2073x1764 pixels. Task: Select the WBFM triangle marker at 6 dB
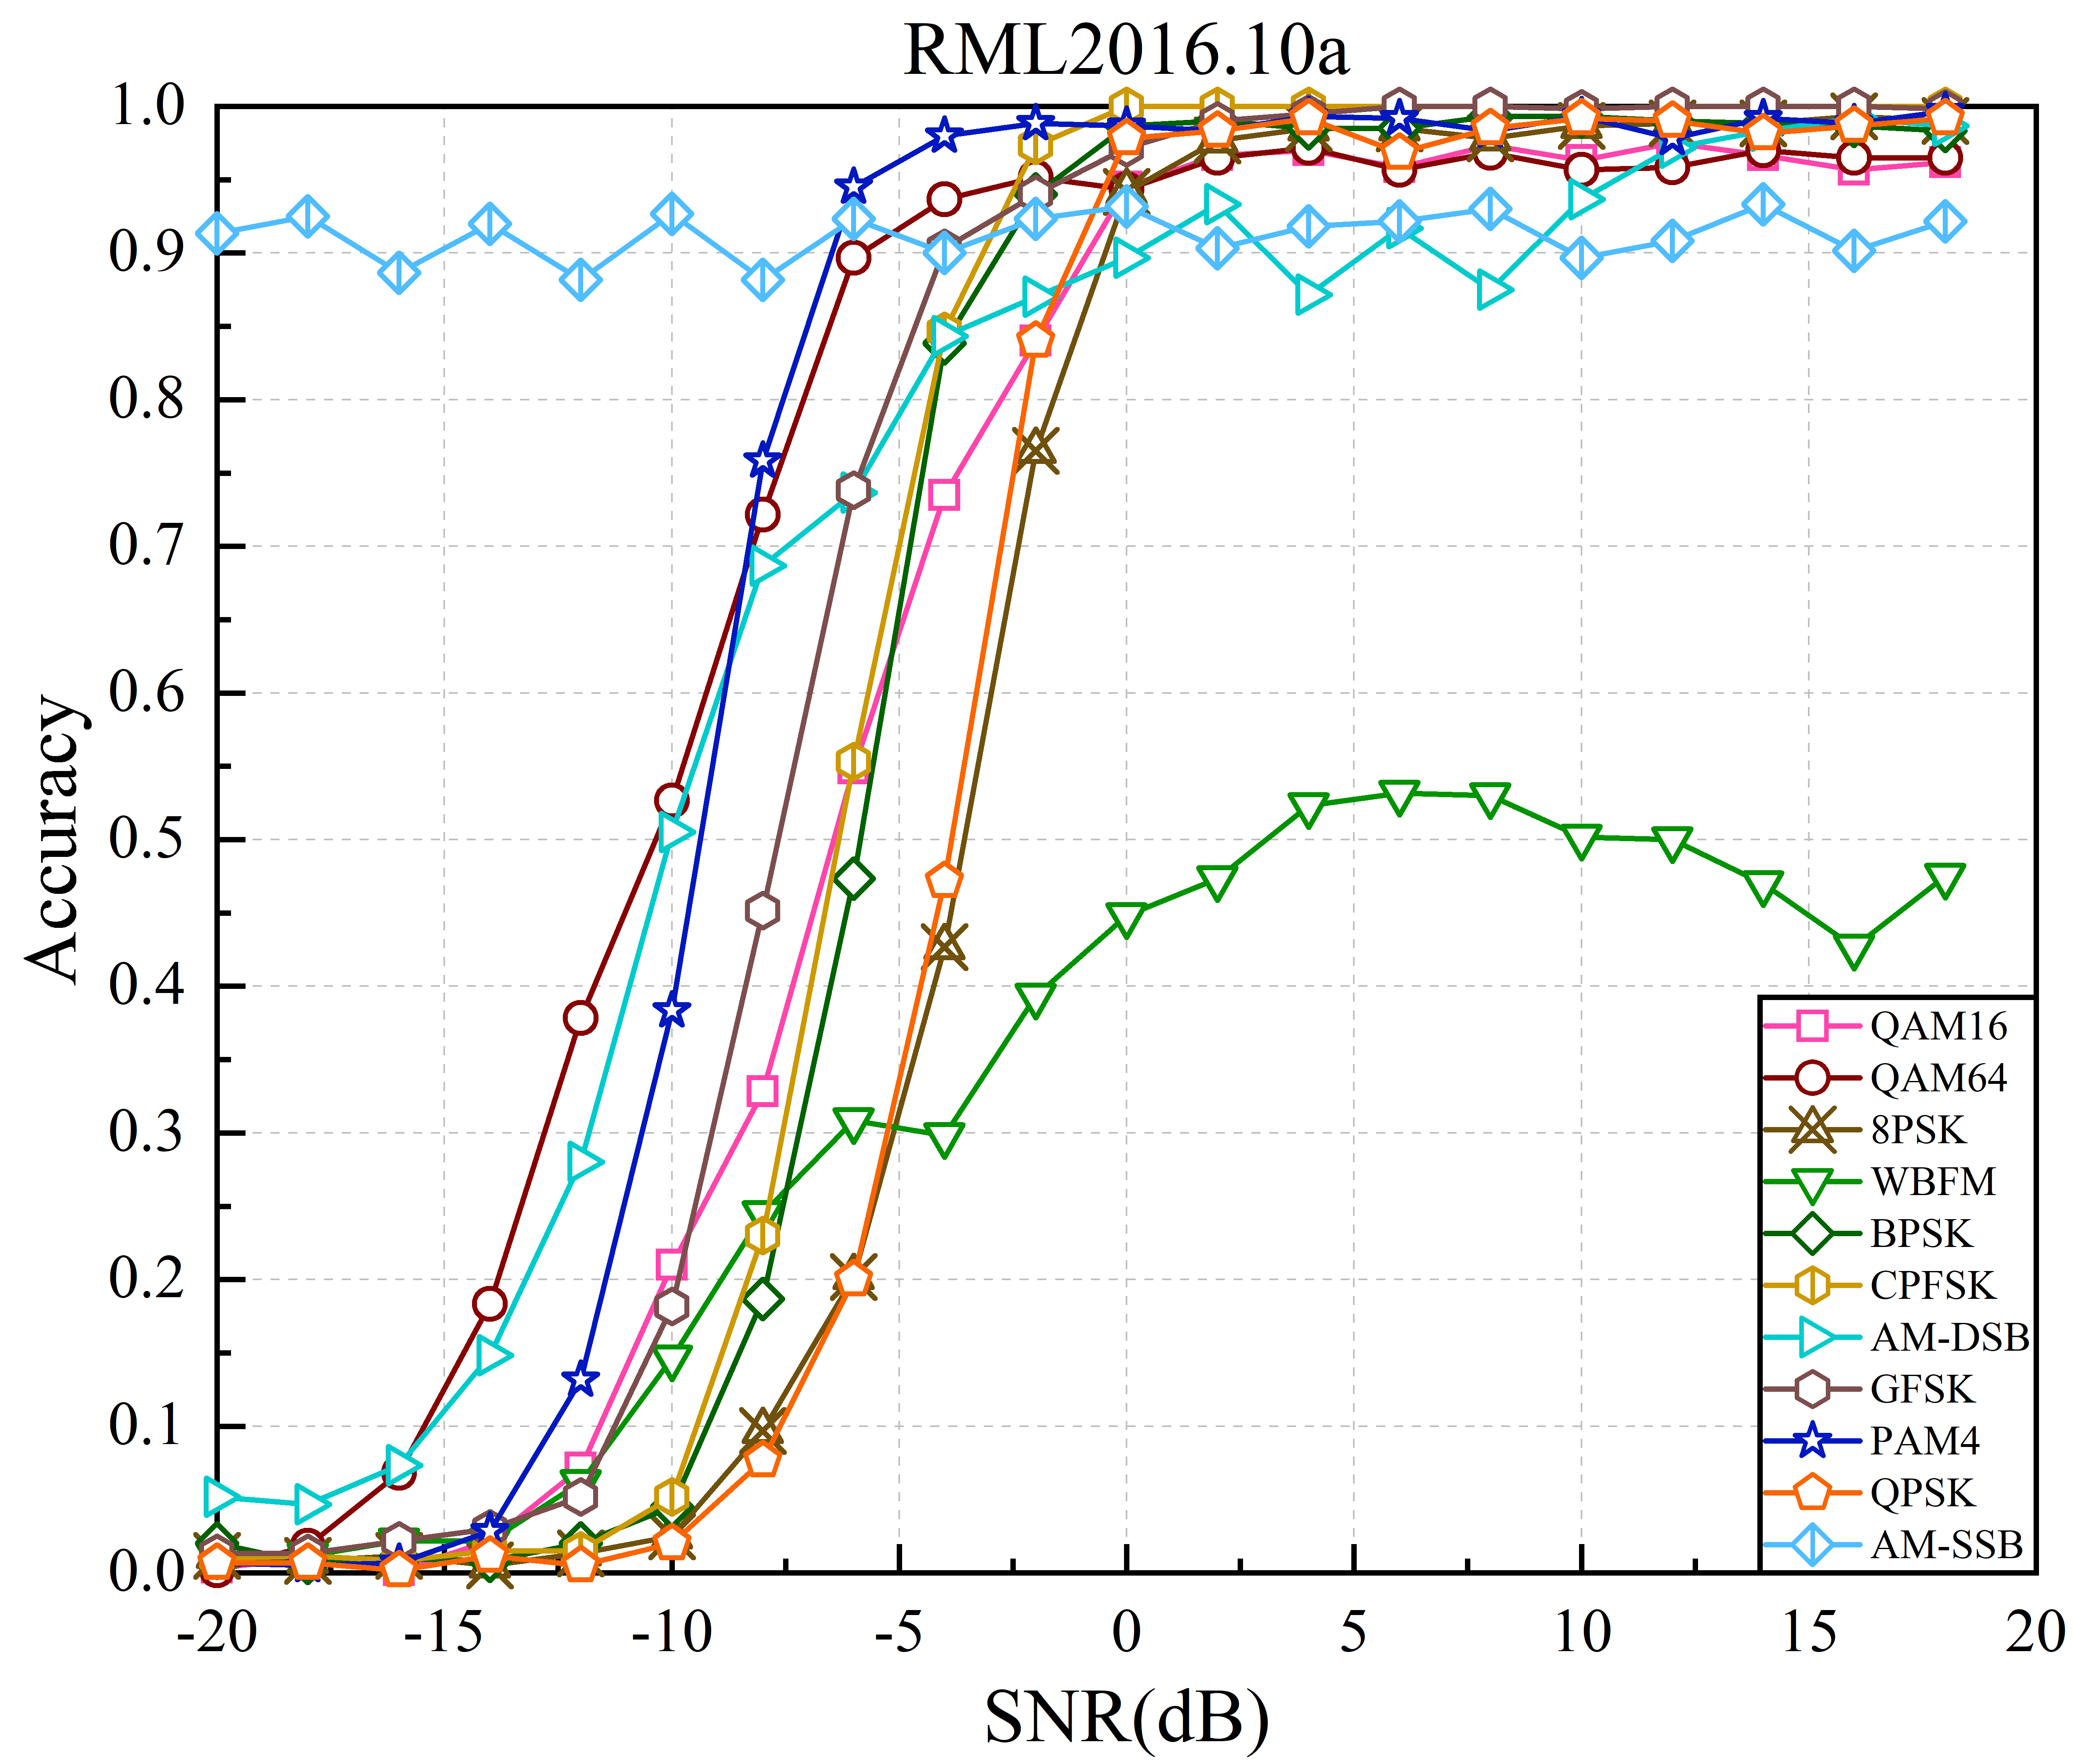click(1399, 796)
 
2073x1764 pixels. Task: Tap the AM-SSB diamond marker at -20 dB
click(217, 234)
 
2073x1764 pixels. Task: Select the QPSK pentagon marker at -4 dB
click(944, 880)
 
